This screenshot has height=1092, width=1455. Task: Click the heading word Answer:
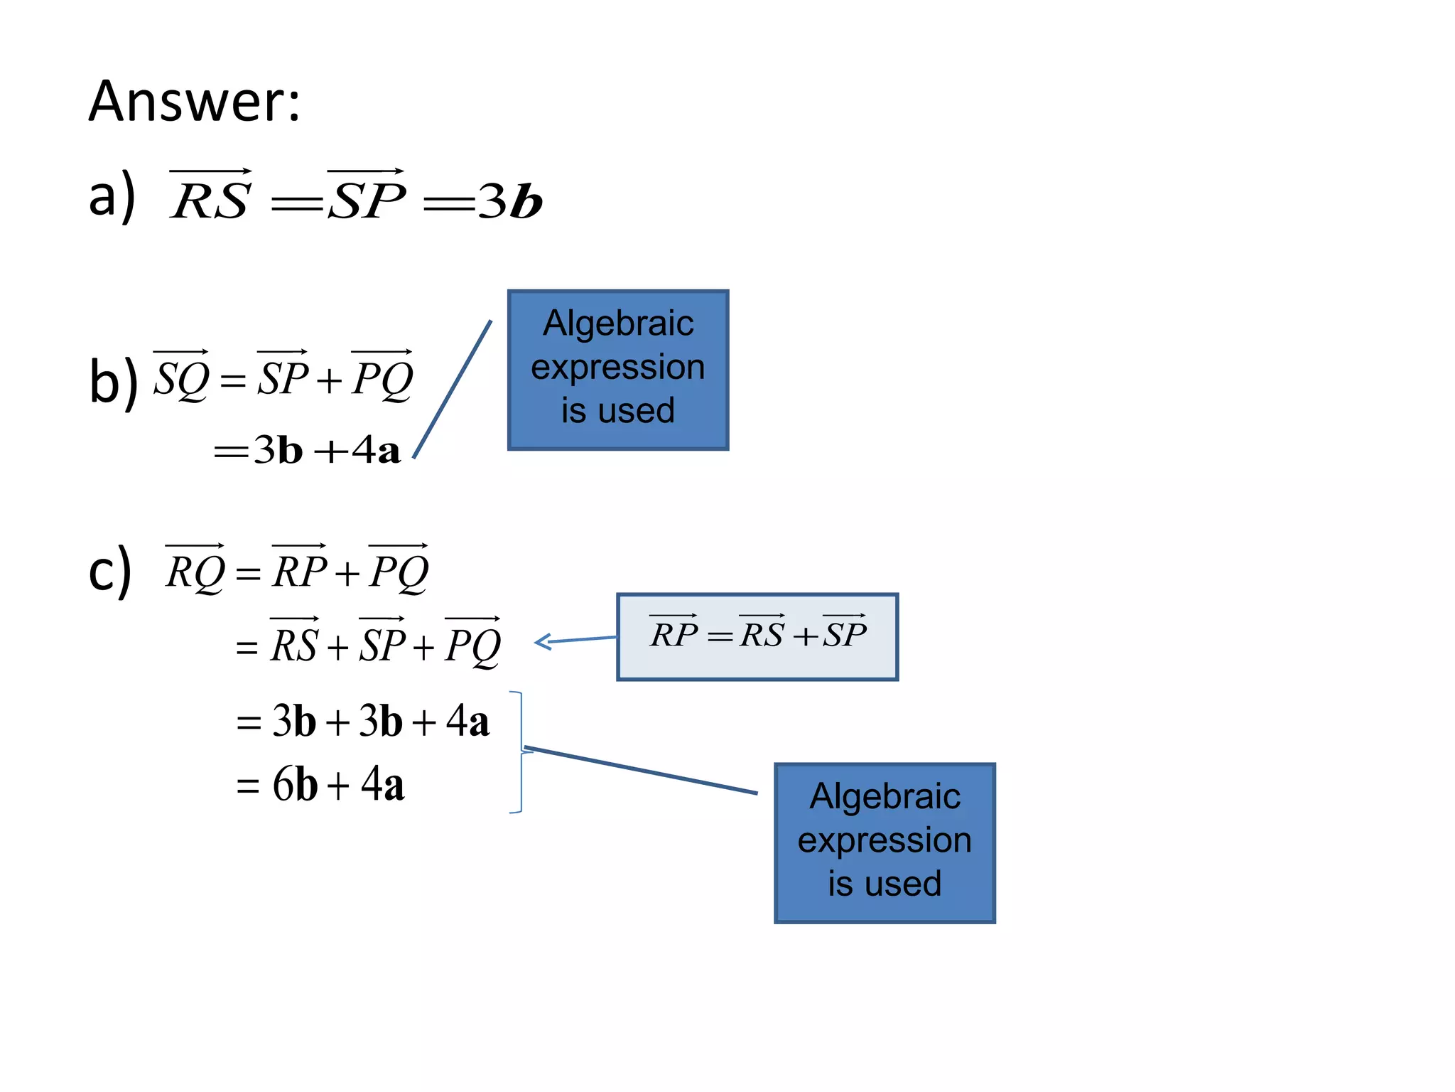click(x=194, y=102)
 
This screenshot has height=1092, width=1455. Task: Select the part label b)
click(x=113, y=382)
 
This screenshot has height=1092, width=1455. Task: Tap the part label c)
click(x=110, y=571)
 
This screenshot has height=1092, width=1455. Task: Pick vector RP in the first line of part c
click(x=300, y=569)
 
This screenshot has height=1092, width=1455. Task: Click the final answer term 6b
click(x=295, y=785)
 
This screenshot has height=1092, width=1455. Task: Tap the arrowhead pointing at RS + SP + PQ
click(x=543, y=642)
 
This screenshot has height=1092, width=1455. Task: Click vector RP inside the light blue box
click(x=674, y=632)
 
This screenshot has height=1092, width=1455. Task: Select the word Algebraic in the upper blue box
click(x=618, y=323)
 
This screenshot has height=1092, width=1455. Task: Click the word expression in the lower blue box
click(x=885, y=840)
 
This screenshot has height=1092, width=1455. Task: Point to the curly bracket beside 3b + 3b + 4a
click(x=521, y=751)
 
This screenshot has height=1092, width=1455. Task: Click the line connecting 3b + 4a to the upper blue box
click(x=453, y=389)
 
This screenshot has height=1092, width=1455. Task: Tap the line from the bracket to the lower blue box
click(x=639, y=770)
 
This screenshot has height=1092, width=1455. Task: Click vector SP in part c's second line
click(x=382, y=643)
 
